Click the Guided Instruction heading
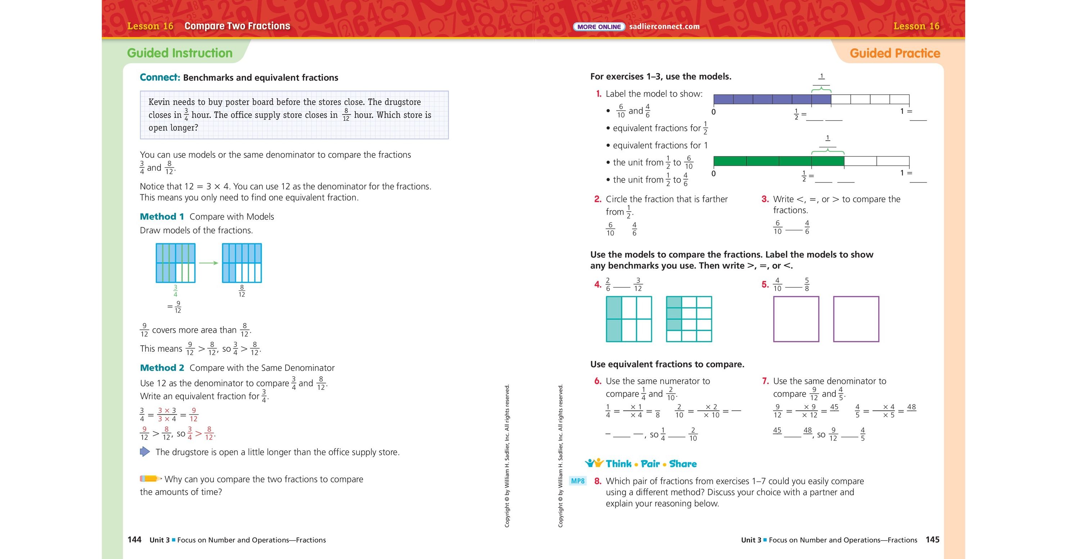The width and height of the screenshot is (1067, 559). (180, 53)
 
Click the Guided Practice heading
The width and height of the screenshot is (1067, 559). (895, 53)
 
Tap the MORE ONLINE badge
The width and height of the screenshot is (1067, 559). (599, 27)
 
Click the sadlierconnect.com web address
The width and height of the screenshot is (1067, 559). (664, 27)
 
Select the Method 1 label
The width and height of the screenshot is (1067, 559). (162, 216)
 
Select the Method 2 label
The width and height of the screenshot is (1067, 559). (162, 368)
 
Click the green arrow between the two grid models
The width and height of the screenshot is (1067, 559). (208, 263)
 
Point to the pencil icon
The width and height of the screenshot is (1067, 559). (150, 479)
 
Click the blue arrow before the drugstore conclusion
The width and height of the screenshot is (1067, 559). (145, 451)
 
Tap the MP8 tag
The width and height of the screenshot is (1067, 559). (577, 481)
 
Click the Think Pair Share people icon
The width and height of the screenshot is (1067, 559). (594, 463)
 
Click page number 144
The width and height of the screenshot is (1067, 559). (135, 540)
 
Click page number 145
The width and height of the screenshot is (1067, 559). (932, 540)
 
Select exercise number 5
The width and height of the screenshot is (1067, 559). (764, 284)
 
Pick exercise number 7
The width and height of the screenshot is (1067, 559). (765, 381)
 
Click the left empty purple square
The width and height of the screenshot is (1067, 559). (796, 319)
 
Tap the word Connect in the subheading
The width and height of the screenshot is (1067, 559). (159, 77)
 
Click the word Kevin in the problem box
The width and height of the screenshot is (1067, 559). (159, 102)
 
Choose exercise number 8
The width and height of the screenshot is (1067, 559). (598, 481)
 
